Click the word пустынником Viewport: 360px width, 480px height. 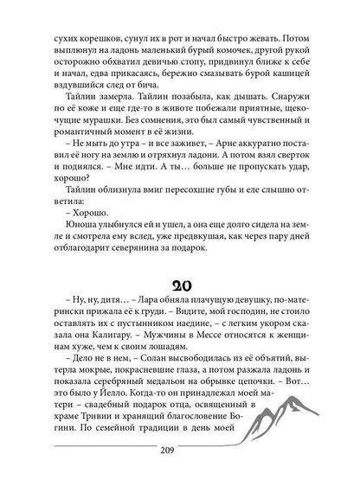[127, 336]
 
